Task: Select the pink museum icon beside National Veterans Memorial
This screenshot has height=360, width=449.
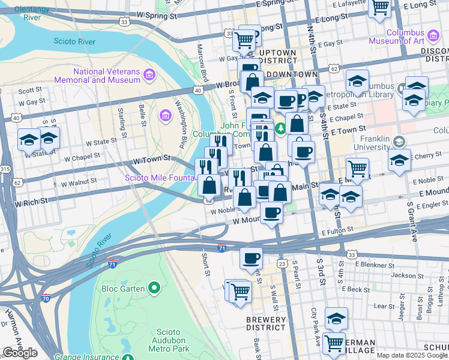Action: (x=149, y=75)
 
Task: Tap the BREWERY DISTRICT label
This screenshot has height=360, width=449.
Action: (x=266, y=324)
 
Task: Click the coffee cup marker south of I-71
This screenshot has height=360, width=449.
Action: (x=251, y=257)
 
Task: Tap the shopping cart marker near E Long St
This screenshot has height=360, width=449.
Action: (x=379, y=8)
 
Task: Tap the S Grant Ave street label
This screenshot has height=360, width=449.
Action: (x=413, y=221)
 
